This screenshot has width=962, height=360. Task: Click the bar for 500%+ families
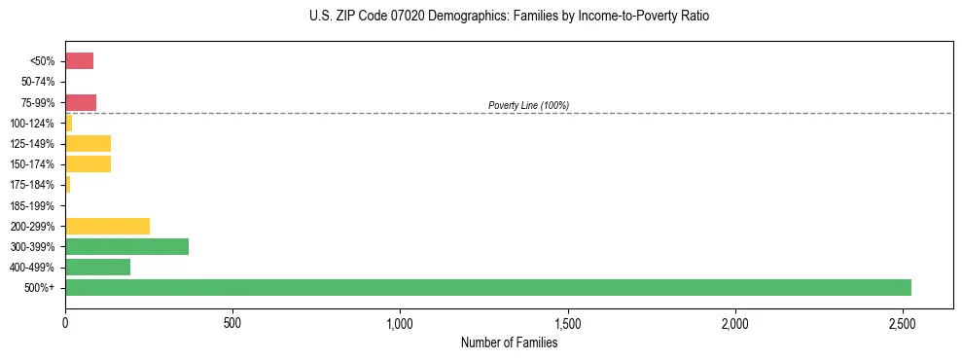[487, 287]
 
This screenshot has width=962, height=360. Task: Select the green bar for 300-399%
[126, 246]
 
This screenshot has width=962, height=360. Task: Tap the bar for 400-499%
[97, 267]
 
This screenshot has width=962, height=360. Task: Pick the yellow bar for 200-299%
[107, 226]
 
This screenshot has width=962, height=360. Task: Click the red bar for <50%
[79, 61]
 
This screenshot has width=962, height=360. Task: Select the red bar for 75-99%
[81, 102]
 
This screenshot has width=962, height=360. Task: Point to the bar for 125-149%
[88, 144]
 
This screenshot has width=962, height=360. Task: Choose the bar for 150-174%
[88, 164]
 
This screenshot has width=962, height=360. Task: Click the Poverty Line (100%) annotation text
[528, 105]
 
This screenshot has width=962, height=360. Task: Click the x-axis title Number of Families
[509, 342]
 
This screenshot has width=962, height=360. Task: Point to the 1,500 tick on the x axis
[567, 322]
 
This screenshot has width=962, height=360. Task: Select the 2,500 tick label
[903, 322]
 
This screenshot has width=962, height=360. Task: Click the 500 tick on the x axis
[232, 322]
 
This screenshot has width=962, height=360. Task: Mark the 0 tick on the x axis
[65, 322]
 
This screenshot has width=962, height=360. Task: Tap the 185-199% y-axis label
[32, 205]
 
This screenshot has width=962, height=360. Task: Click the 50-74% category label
[37, 82]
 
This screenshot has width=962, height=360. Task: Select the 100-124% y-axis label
[32, 124]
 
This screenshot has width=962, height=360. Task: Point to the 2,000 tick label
[735, 322]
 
